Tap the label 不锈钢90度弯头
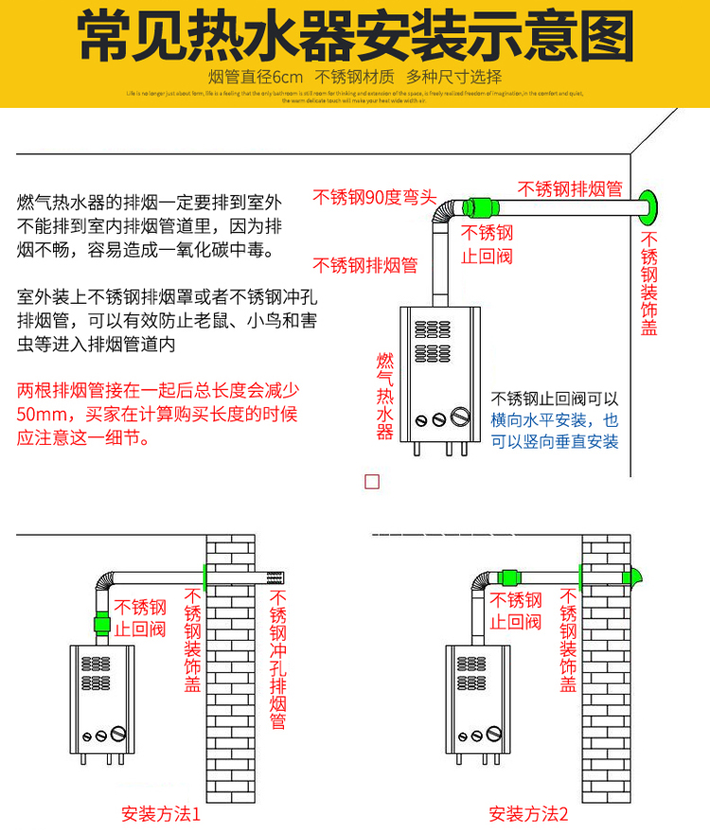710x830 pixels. [x=375, y=198]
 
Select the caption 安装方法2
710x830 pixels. [x=528, y=813]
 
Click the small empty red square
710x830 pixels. [x=372, y=481]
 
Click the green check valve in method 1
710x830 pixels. [x=101, y=625]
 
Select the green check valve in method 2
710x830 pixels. [x=508, y=576]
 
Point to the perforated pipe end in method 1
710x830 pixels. [x=276, y=575]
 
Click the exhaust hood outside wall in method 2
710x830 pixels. [x=633, y=574]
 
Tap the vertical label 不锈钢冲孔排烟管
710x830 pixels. [x=278, y=659]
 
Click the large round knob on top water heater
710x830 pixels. [x=460, y=416]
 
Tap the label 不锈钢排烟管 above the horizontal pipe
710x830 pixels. [x=568, y=187]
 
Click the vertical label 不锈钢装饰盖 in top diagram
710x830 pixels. [x=649, y=284]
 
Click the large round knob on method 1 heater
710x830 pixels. [x=118, y=733]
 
